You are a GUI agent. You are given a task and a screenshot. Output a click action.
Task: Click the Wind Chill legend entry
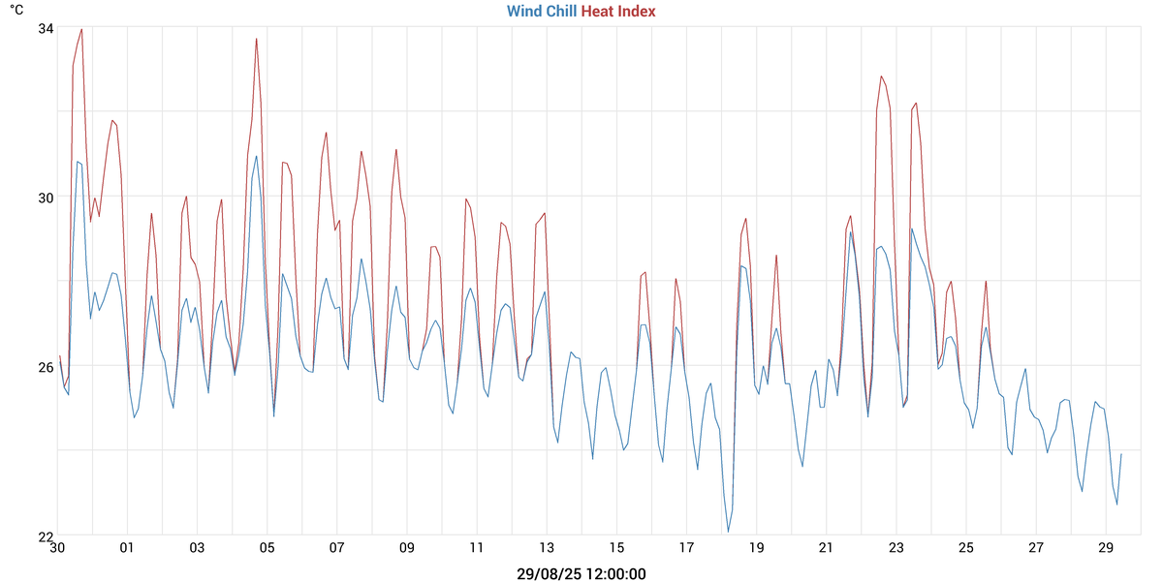541,12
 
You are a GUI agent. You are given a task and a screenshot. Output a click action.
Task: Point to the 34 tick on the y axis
46,27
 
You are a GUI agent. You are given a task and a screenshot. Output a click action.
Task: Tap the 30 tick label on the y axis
46,197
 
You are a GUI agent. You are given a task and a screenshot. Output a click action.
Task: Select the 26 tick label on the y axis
46,366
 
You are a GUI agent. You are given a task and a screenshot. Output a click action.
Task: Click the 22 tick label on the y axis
46,535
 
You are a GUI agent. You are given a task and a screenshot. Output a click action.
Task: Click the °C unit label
16,10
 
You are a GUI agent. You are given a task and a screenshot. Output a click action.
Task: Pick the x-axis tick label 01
127,548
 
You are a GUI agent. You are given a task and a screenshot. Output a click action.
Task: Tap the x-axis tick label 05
267,548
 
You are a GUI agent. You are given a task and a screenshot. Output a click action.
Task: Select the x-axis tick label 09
407,548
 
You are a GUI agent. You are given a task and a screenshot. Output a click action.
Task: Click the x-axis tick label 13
547,548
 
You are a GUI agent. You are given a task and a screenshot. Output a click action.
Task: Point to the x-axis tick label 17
686,548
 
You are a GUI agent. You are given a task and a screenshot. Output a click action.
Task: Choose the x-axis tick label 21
827,548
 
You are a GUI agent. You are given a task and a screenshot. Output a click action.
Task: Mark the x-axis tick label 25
966,548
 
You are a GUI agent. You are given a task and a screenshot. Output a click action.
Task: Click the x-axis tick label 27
1036,548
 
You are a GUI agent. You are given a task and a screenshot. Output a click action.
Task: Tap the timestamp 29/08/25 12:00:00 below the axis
581,573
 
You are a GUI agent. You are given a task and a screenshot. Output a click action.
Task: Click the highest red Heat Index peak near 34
81,29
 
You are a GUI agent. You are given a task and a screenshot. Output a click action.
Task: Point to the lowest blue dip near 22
728,532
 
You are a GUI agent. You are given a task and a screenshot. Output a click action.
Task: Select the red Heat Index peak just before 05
256,39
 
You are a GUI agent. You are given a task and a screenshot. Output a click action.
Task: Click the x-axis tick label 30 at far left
57,548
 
